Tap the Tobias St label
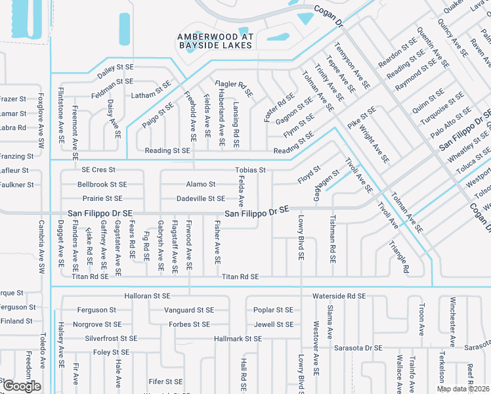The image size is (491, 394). [x=250, y=170]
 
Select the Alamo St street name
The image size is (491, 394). [x=201, y=185]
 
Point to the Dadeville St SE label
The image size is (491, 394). [x=201, y=198]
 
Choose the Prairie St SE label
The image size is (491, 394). [x=100, y=198]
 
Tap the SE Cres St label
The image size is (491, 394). [x=98, y=170]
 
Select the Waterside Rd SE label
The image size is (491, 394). [x=339, y=296]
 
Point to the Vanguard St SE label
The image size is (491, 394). [x=188, y=310]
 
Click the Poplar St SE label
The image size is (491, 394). [x=273, y=310]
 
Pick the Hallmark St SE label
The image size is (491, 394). [x=238, y=338]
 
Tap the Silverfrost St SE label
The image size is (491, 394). [x=111, y=338]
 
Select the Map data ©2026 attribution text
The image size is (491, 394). [x=463, y=389]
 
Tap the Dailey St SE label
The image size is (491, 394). [x=116, y=67]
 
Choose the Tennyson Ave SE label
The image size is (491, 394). [x=352, y=67]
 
